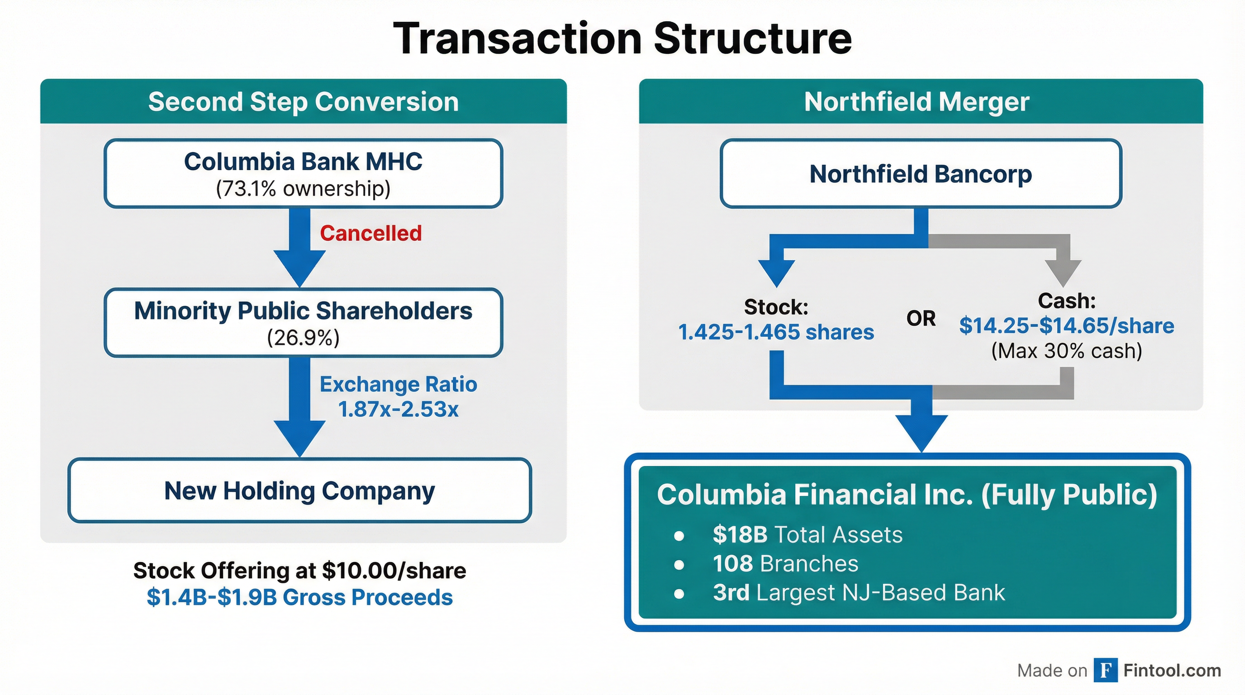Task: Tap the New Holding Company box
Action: click(x=299, y=490)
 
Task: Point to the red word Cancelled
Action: click(x=371, y=233)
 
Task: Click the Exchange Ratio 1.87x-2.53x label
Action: click(x=398, y=397)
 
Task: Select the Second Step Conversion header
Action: click(x=303, y=102)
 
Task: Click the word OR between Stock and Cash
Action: click(x=921, y=319)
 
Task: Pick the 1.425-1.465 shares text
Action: click(x=776, y=332)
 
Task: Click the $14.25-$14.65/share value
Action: click(x=1066, y=326)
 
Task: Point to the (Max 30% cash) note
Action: click(x=1066, y=351)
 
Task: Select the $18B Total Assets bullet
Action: click(x=807, y=534)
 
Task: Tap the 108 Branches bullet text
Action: click(x=785, y=563)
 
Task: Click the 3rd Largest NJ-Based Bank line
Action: click(x=858, y=593)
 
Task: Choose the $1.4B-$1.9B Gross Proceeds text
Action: click(x=299, y=597)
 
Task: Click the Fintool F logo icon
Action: click(x=1105, y=671)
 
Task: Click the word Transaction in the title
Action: click(x=518, y=38)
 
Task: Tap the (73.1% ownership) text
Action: click(x=303, y=189)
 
